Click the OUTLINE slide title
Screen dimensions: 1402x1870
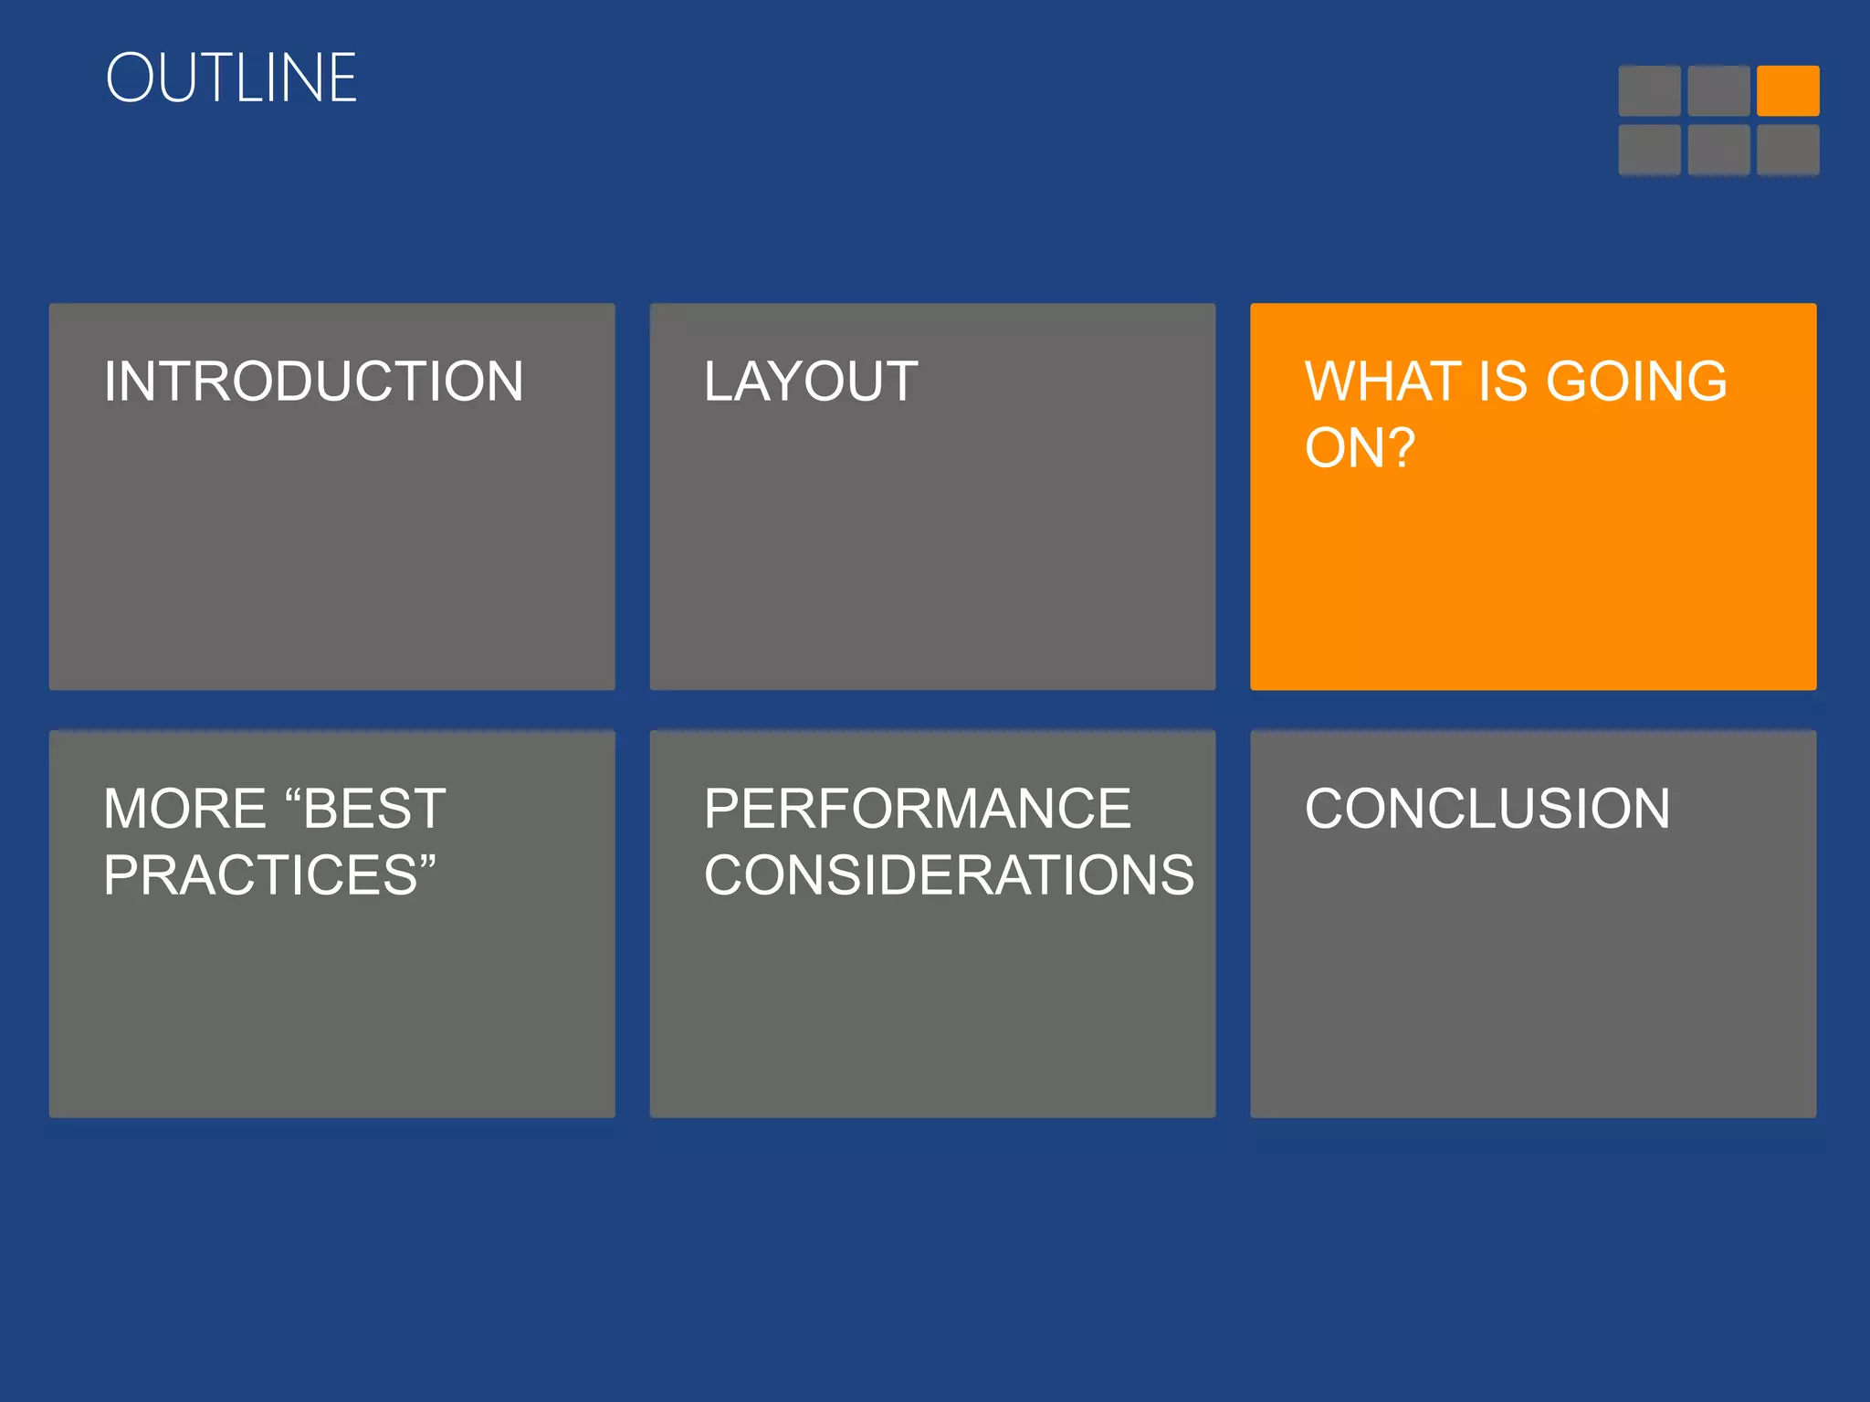[x=231, y=78]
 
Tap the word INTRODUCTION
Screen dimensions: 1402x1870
[x=313, y=382]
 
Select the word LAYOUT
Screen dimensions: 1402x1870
[x=811, y=382]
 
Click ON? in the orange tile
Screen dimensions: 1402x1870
[x=1360, y=448]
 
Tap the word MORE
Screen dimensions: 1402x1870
[x=184, y=809]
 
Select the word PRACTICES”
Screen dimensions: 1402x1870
[x=269, y=875]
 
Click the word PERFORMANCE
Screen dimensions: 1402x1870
[x=917, y=809]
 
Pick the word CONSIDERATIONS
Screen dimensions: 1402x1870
[x=948, y=875]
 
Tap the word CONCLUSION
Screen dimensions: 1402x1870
[x=1487, y=809]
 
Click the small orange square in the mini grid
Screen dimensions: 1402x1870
[x=1788, y=90]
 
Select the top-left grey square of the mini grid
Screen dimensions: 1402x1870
[x=1649, y=90]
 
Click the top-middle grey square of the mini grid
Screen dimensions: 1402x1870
[x=1718, y=90]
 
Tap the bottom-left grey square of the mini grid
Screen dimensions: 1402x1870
[x=1649, y=150]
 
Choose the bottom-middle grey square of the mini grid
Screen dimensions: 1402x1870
[x=1718, y=150]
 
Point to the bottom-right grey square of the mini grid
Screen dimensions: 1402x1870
[x=1788, y=150]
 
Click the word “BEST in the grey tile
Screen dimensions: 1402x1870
[x=365, y=809]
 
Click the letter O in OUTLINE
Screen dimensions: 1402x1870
[x=133, y=78]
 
